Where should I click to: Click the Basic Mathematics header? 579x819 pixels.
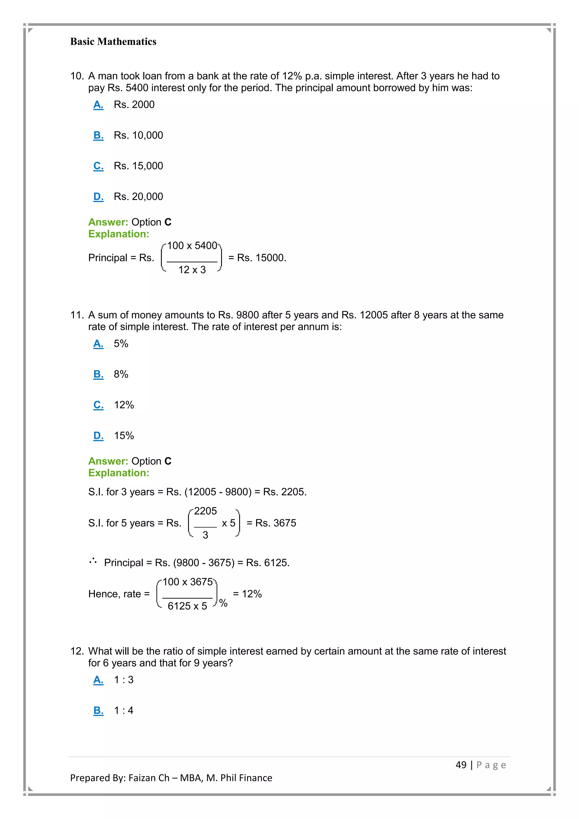pos(113,42)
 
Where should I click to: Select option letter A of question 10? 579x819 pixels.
pos(98,105)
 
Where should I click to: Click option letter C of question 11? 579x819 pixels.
pos(98,405)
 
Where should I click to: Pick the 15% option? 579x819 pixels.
pos(124,436)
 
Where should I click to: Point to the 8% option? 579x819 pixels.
pos(121,374)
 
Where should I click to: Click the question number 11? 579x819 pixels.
pos(76,315)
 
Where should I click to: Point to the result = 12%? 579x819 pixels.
pos(247,594)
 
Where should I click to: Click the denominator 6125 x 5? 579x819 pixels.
pos(187,606)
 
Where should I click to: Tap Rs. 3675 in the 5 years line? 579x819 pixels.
pos(276,523)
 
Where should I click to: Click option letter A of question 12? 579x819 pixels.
pos(98,680)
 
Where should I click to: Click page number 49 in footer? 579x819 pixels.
pos(461,765)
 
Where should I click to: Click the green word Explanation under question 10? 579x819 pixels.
pos(118,234)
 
